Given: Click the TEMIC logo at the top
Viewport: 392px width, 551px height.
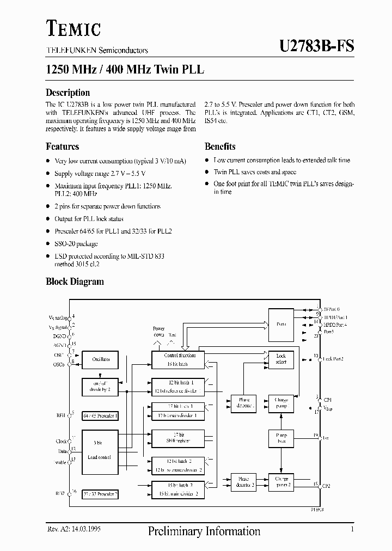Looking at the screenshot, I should [x=73, y=27].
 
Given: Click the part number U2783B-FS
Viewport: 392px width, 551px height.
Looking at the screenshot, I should [x=316, y=46].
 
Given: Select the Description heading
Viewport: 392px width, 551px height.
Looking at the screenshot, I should [x=68, y=93].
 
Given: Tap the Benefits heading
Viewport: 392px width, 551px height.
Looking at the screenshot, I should [x=220, y=146].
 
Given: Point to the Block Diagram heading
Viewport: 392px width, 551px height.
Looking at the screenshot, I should [x=75, y=281].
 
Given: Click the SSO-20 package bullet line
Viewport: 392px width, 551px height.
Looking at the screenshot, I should [x=76, y=244].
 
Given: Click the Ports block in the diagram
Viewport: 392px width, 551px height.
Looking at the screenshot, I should [x=281, y=324].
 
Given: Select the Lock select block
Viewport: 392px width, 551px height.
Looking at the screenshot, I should [x=281, y=359].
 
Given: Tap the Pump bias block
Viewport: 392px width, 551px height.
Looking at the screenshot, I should [x=281, y=438].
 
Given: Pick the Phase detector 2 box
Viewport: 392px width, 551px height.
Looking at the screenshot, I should [x=243, y=482].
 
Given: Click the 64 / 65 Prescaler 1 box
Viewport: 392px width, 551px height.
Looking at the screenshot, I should [x=100, y=416].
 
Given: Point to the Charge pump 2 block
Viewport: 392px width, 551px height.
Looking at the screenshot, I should [x=281, y=481].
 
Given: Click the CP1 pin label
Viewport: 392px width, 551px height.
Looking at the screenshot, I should [x=327, y=400].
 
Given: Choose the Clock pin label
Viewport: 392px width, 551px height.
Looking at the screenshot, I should [x=62, y=442].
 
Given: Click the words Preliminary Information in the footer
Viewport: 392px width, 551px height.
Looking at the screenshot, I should [x=204, y=531].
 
